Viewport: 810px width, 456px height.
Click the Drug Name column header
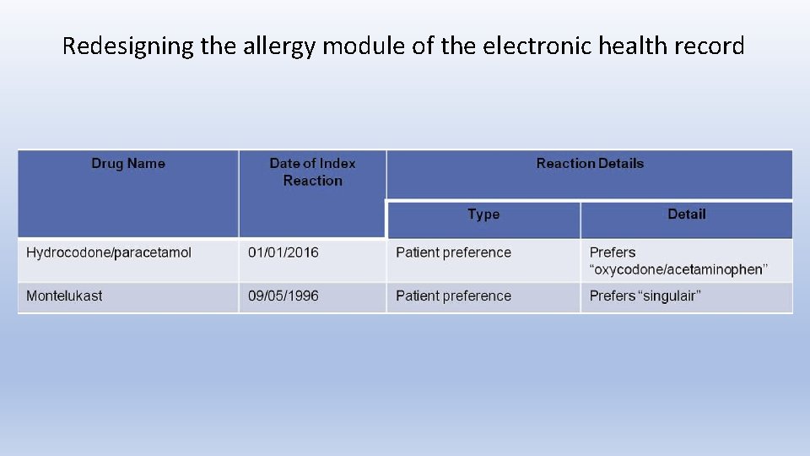(x=128, y=164)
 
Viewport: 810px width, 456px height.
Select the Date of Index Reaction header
(x=312, y=171)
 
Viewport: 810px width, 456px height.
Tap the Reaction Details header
(x=590, y=164)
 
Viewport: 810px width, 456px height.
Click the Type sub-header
(x=483, y=214)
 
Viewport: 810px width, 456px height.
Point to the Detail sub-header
(x=686, y=214)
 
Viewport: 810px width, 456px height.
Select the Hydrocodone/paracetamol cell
(x=109, y=252)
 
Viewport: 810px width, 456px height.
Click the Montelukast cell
(x=64, y=296)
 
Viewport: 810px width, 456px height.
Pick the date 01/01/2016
(x=283, y=252)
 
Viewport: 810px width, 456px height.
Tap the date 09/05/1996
(x=283, y=296)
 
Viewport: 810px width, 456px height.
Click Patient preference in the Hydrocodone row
(x=453, y=252)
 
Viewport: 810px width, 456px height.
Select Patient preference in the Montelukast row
(x=453, y=296)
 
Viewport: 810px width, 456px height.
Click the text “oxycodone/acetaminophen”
(x=678, y=269)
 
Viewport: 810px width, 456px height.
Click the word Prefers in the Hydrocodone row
(x=613, y=252)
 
